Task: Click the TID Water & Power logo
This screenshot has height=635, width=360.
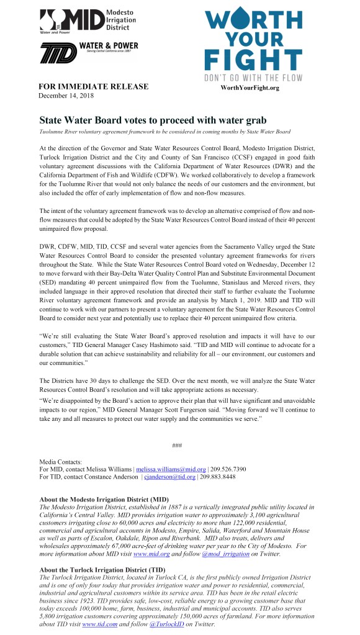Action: coord(89,53)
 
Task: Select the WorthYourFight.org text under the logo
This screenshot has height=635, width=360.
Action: coord(250,88)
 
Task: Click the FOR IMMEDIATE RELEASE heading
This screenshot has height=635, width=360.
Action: coord(94,86)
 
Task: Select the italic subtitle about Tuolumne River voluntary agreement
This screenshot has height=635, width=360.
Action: coord(164,132)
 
